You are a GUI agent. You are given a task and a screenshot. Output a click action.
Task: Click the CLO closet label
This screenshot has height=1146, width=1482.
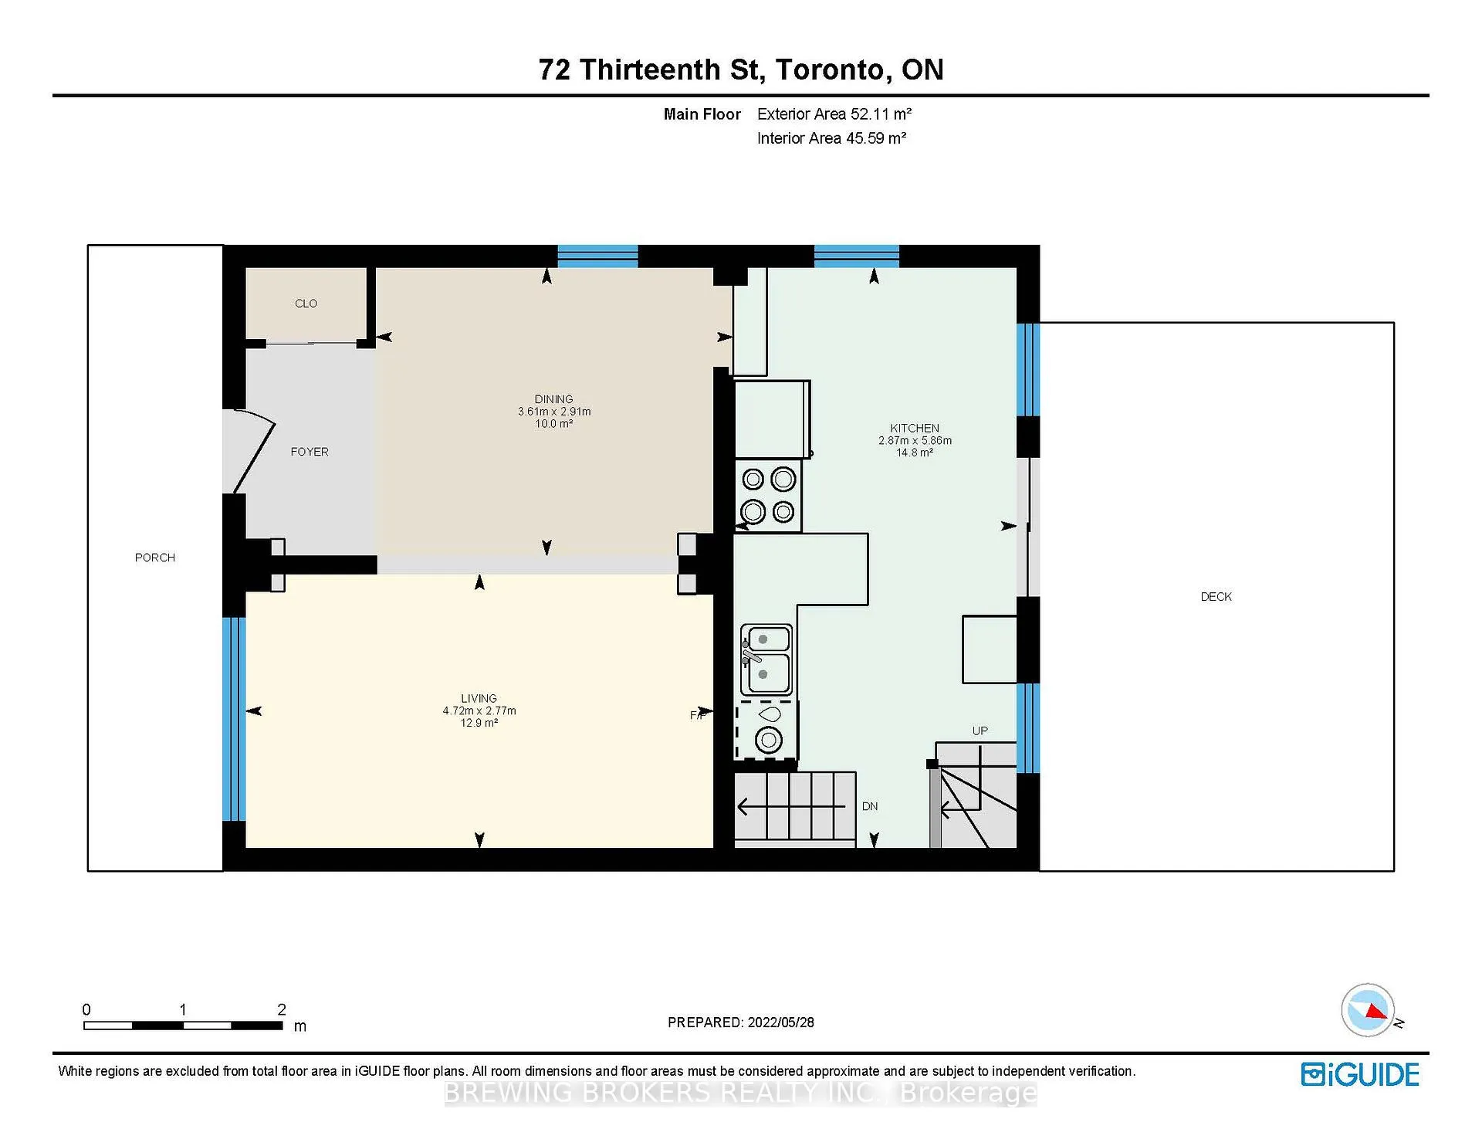(x=306, y=303)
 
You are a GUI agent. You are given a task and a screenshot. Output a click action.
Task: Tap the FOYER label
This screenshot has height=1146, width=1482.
(x=310, y=452)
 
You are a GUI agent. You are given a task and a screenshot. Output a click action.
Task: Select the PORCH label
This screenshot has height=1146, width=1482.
(x=155, y=558)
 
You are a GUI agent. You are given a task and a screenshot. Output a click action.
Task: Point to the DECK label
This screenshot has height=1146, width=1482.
(x=1216, y=597)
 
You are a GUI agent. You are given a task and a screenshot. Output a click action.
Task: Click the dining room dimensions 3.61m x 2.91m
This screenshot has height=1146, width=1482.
(x=554, y=412)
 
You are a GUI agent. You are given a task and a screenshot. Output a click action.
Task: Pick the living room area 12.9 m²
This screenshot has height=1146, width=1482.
(x=479, y=723)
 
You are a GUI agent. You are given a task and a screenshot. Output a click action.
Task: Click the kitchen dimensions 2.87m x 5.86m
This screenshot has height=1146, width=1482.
(x=915, y=440)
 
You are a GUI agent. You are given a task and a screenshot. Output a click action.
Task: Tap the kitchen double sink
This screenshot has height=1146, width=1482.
(x=766, y=659)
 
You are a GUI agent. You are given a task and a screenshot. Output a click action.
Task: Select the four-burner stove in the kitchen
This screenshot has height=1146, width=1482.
(x=769, y=496)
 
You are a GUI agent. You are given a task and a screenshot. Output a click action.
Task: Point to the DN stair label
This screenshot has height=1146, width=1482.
(x=870, y=806)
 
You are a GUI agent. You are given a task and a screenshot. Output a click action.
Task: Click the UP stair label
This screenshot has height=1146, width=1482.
(x=980, y=731)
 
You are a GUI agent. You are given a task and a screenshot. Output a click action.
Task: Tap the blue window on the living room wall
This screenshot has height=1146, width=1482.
(x=234, y=719)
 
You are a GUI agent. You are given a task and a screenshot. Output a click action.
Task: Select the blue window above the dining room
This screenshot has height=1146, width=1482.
(x=597, y=256)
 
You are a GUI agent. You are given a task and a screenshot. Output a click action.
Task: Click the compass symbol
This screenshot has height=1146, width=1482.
(x=1369, y=1009)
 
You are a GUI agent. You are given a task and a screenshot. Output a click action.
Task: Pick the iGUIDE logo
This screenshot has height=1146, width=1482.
(x=1360, y=1075)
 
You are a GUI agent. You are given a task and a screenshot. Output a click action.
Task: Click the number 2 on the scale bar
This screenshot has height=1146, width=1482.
(x=282, y=1009)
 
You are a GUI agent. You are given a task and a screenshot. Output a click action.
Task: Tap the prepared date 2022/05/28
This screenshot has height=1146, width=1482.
(x=781, y=1022)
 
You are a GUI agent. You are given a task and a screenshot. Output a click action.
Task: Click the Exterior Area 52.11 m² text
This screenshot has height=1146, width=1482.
(x=834, y=114)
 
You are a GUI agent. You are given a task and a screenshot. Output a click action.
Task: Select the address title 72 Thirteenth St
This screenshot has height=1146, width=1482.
(x=651, y=70)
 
